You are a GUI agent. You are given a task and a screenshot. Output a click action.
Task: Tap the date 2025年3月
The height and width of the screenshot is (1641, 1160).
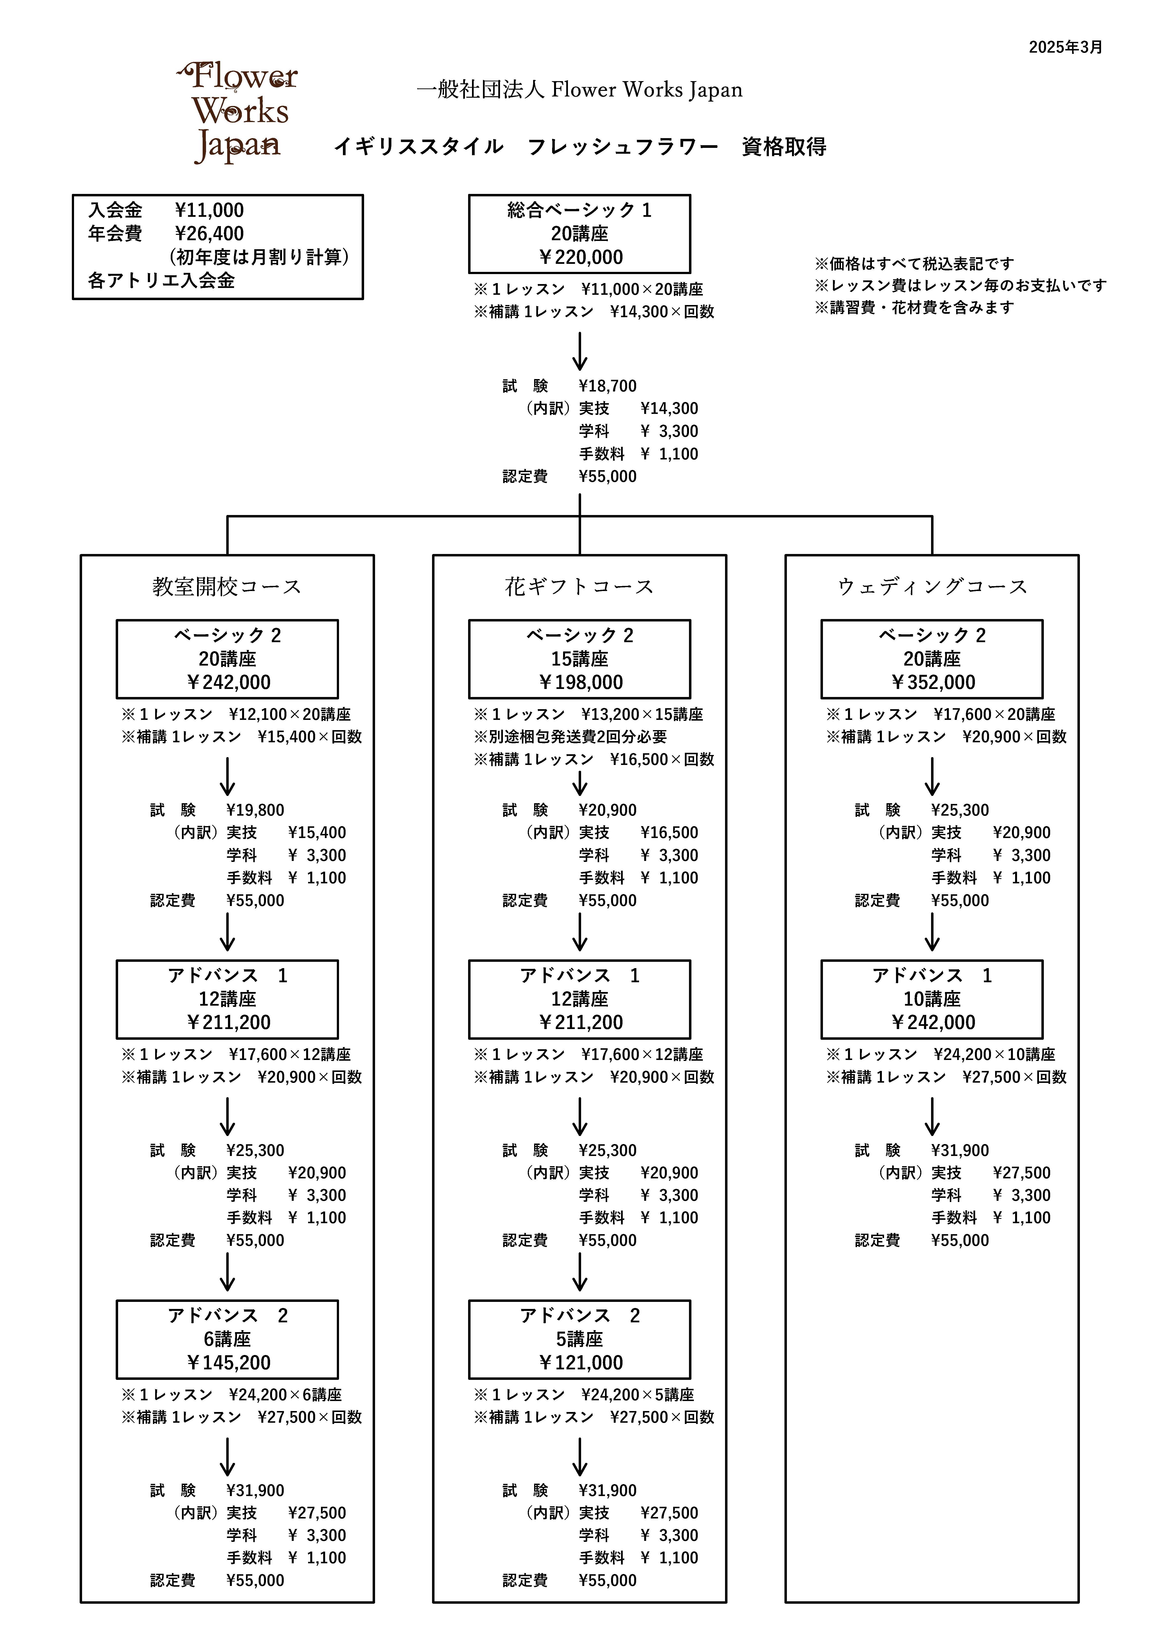(x=1065, y=47)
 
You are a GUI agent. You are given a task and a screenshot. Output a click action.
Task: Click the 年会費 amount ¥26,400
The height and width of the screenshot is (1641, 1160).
(x=209, y=234)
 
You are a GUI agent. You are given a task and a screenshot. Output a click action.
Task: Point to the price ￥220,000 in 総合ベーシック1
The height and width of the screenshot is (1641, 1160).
(x=580, y=257)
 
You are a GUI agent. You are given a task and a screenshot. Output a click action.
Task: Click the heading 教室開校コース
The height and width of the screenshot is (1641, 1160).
(x=227, y=587)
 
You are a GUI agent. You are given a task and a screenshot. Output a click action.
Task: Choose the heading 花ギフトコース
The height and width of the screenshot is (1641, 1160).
(x=580, y=587)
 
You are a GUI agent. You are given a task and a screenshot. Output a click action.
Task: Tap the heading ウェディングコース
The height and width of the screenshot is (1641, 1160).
(x=932, y=587)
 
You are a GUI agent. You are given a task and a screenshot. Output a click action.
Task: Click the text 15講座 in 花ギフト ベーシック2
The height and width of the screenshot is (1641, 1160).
(x=580, y=659)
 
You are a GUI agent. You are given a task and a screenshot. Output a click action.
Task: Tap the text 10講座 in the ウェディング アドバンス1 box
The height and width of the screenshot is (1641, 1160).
(x=932, y=999)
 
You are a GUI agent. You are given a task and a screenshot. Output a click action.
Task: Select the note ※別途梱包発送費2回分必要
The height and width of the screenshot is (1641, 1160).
(x=570, y=737)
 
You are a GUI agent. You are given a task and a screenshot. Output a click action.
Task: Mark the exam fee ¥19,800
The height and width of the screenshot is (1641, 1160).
(x=255, y=811)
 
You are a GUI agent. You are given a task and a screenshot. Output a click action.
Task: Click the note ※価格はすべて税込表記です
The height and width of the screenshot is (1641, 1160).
(x=914, y=264)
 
